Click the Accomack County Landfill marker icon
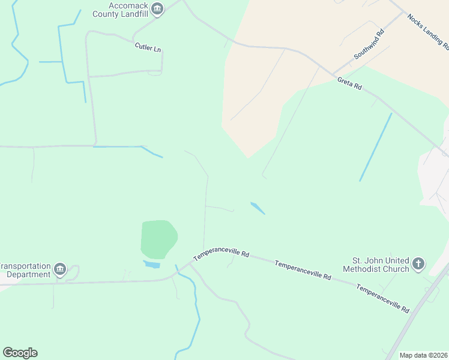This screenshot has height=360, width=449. [157, 8]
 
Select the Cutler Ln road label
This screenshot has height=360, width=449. [148, 47]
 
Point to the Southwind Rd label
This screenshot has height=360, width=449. [369, 45]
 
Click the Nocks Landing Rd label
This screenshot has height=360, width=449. [427, 31]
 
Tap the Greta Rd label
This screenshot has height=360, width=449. [349, 83]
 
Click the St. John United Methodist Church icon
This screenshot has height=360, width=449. [418, 263]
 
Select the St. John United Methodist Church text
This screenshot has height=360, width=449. [376, 265]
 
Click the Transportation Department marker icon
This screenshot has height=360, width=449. [60, 270]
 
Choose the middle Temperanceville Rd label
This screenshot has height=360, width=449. [303, 271]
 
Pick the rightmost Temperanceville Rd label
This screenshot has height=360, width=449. [382, 298]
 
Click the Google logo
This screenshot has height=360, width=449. [20, 353]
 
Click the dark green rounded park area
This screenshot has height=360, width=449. [158, 238]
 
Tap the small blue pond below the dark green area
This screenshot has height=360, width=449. [152, 264]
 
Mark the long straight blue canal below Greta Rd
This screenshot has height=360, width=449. [376, 146]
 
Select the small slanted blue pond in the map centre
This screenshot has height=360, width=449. [258, 208]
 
